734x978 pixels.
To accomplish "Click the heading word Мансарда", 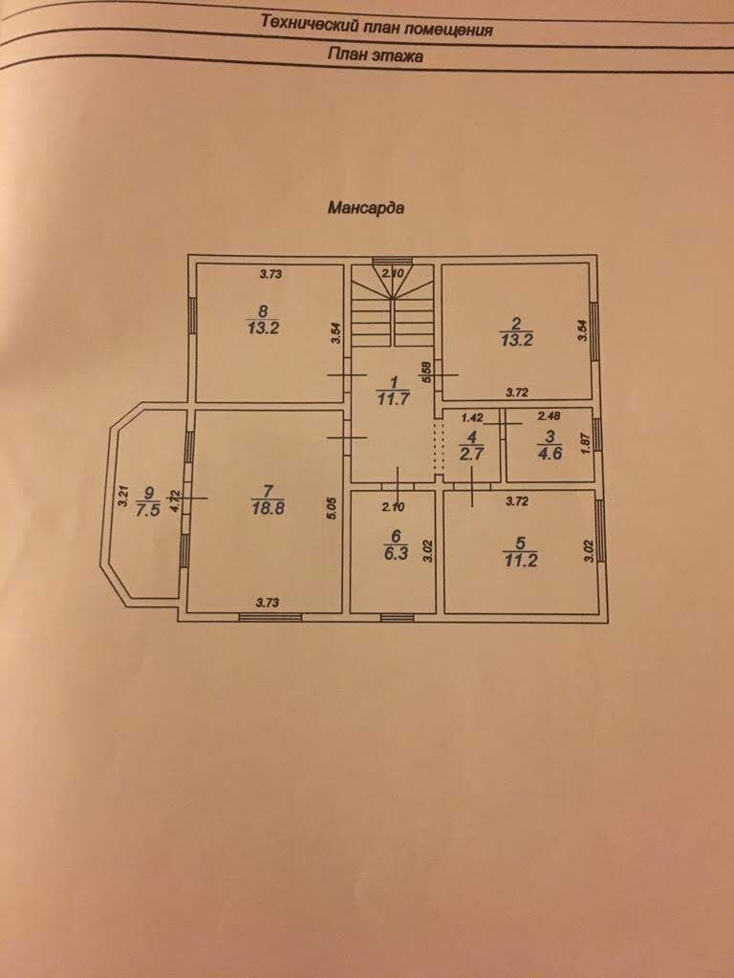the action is point(365,206).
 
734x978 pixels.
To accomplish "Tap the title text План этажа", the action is point(376,56).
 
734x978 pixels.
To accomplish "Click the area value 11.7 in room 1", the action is point(393,399).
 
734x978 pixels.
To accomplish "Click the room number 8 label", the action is point(263,309).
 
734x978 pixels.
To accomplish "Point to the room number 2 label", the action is point(516,322).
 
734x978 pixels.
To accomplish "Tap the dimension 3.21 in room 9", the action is point(122,497).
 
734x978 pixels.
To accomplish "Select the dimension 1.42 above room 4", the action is point(473,417).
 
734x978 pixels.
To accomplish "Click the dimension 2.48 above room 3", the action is point(549,416).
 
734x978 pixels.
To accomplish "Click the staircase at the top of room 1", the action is point(392,308).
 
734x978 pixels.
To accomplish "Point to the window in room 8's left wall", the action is point(192,315).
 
